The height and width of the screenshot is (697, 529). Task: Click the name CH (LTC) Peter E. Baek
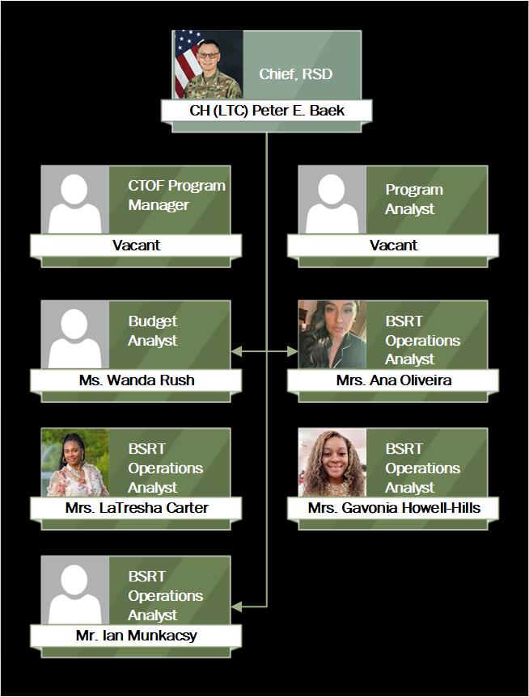(266, 111)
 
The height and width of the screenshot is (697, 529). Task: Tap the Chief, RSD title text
(295, 74)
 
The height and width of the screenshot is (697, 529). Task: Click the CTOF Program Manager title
(176, 195)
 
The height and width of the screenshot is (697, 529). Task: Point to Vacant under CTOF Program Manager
(136, 245)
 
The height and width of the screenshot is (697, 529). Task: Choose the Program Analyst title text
(413, 199)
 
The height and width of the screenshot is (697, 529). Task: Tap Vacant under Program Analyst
(393, 245)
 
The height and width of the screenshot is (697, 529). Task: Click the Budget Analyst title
(152, 331)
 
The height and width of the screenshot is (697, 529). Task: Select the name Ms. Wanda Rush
(136, 380)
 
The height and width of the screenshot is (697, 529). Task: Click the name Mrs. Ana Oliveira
(393, 380)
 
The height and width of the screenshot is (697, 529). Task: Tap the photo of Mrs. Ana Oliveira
(332, 334)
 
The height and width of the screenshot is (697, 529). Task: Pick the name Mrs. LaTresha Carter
(136, 508)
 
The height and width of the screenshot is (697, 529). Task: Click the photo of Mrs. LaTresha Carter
(75, 462)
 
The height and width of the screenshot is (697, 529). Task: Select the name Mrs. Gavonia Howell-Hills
(393, 508)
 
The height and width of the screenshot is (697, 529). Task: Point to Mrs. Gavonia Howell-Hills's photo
(332, 462)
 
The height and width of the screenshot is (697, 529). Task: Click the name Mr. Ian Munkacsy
(136, 636)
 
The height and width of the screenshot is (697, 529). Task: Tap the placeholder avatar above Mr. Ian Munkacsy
(75, 590)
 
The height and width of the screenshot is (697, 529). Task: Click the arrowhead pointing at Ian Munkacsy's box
(235, 606)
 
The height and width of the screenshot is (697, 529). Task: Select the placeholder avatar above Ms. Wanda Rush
(75, 334)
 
